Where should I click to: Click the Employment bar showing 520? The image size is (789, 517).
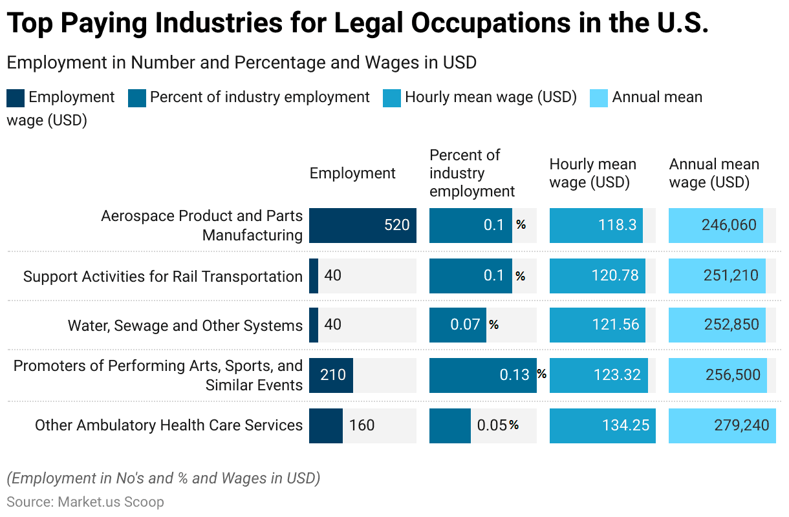pyautogui.click(x=362, y=226)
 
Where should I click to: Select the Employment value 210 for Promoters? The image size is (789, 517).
pyautogui.click(x=332, y=375)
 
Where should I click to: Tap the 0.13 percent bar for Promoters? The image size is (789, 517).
pyautogui.click(x=482, y=375)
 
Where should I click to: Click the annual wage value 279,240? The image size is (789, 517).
pyautogui.click(x=742, y=425)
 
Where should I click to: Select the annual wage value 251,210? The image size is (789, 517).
pyautogui.click(x=731, y=276)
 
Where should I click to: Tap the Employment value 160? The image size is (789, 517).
pyautogui.click(x=362, y=425)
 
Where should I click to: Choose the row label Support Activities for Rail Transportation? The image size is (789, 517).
pyautogui.click(x=163, y=277)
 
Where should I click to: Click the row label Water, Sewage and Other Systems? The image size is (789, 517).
pyautogui.click(x=185, y=326)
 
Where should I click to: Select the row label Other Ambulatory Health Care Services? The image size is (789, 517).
pyautogui.click(x=169, y=425)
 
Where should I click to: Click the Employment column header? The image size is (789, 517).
pyautogui.click(x=352, y=173)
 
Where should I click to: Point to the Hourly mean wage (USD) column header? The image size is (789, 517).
pyautogui.click(x=592, y=173)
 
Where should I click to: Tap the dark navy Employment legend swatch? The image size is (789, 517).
pyautogui.click(x=16, y=98)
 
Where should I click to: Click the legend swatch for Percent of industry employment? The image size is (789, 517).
pyautogui.click(x=137, y=98)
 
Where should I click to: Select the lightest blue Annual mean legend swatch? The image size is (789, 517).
pyautogui.click(x=599, y=98)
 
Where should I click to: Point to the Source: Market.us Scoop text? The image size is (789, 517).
pyautogui.click(x=85, y=502)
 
